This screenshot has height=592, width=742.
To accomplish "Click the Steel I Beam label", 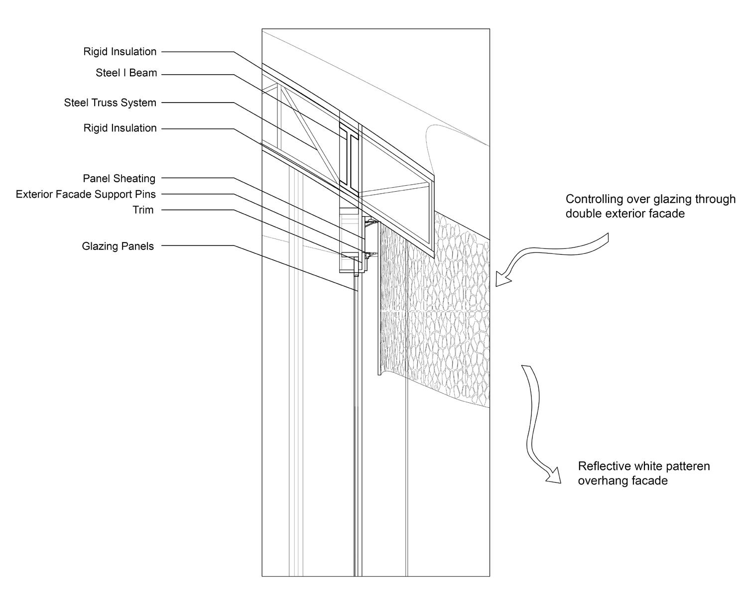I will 126,73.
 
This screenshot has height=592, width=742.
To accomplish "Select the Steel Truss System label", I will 110,103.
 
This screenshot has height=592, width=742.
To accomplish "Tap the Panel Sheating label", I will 119,179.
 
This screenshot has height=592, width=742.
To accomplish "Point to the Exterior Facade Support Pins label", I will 86,194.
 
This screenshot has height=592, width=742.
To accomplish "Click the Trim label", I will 143,210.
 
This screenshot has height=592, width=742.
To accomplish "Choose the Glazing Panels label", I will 118,246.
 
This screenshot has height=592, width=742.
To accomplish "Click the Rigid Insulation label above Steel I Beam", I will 120,52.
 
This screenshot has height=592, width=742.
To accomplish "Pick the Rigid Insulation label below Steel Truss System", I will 120,128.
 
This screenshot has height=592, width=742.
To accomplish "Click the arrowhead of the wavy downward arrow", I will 553,475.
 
